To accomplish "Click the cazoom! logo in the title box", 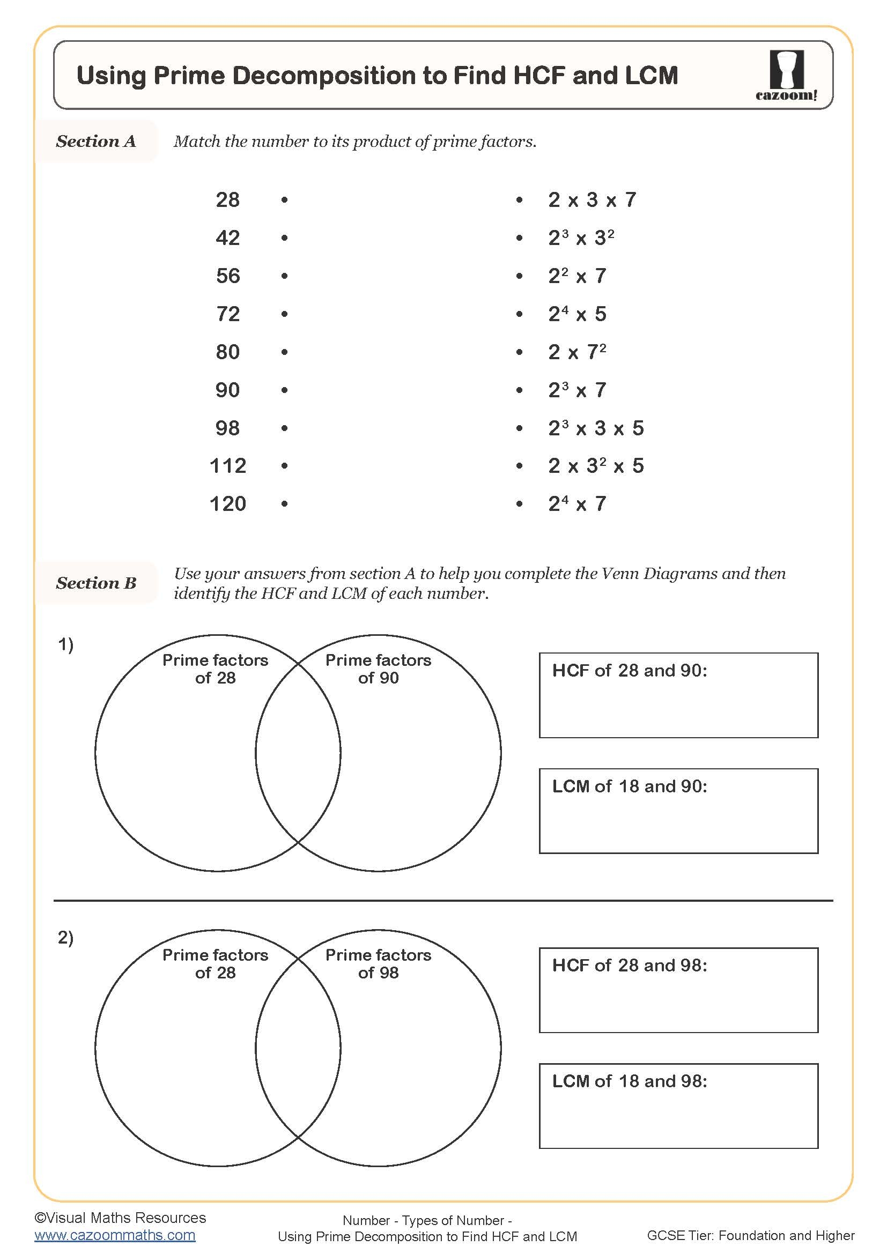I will [x=786, y=76].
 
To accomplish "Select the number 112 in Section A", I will [x=228, y=466].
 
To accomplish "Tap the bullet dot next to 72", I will [x=284, y=314].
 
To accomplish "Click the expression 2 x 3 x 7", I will [x=592, y=200].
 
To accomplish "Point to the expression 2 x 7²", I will [x=577, y=352].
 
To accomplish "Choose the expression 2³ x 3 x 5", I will [x=596, y=428].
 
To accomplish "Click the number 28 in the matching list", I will [x=228, y=200].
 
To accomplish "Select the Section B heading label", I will [x=96, y=583].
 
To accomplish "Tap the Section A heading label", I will [x=95, y=142].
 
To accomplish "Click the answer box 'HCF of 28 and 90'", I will [x=678, y=695].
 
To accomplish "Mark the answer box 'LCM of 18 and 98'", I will [x=678, y=1105].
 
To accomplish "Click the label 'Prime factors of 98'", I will [x=378, y=963].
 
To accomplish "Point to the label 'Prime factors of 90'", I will [x=378, y=669].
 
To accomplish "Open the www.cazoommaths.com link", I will [x=115, y=1235].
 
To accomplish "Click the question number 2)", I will [x=65, y=937].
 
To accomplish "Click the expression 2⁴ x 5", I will [x=577, y=314].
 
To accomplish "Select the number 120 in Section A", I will [x=228, y=503].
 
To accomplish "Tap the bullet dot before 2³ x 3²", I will [x=519, y=238].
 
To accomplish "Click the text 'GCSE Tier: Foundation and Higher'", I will [x=750, y=1235].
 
